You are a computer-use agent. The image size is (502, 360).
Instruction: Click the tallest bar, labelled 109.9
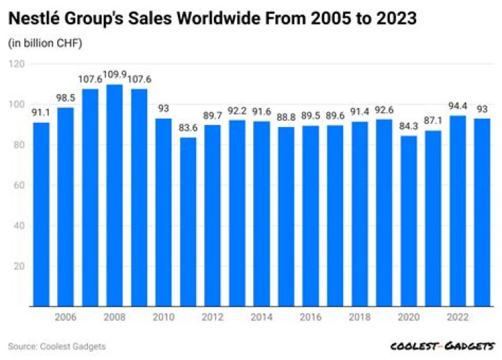(114, 195)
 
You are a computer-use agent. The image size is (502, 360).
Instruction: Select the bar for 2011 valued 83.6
(188, 222)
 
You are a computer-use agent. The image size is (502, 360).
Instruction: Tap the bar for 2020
(409, 221)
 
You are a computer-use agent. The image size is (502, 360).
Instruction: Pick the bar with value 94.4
(458, 211)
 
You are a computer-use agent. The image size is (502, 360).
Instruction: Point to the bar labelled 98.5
(66, 207)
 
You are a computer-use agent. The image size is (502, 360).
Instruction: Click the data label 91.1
(41, 113)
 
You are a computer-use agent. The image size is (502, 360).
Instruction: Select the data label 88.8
(286, 117)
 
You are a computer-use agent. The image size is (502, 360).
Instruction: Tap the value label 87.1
(433, 121)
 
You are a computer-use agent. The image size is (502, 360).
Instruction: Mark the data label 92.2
(237, 111)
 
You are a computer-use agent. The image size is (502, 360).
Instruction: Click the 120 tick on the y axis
(17, 64)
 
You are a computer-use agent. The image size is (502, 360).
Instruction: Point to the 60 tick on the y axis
(20, 185)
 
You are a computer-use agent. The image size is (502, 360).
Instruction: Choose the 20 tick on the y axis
(20, 266)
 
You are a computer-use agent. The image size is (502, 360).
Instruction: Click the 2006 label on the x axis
(66, 317)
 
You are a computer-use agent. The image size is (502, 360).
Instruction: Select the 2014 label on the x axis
(261, 317)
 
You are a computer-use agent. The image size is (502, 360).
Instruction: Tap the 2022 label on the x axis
(458, 317)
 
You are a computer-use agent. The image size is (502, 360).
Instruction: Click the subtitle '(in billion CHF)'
(45, 43)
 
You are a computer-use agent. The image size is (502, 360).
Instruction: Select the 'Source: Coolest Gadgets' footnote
(56, 346)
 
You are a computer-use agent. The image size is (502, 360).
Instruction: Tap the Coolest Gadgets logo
(443, 346)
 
